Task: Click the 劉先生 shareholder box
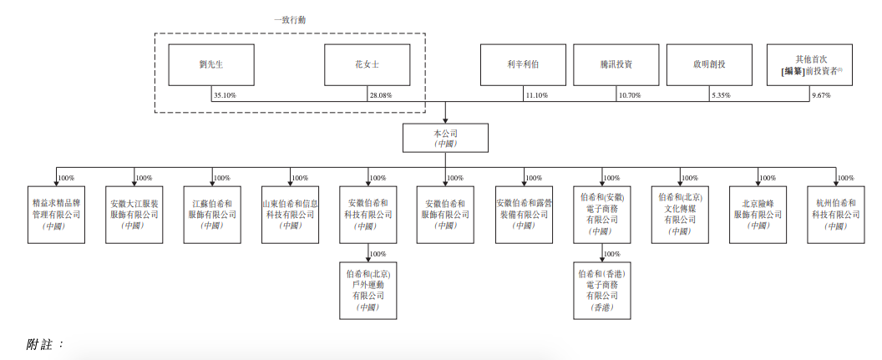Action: click(204, 64)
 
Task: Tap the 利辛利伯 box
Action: click(522, 64)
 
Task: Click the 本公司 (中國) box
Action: click(446, 138)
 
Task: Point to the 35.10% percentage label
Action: click(225, 95)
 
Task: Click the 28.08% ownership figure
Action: click(380, 95)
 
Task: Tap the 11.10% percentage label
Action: click(536, 95)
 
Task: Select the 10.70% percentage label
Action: click(629, 95)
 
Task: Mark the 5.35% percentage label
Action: click(720, 95)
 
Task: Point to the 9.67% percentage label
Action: click(822, 95)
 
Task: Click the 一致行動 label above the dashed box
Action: click(289, 19)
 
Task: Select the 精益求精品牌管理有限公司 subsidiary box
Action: click(55, 215)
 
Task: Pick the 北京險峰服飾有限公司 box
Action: click(758, 215)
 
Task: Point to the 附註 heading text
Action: click(45, 344)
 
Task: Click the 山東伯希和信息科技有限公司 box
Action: click(290, 215)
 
